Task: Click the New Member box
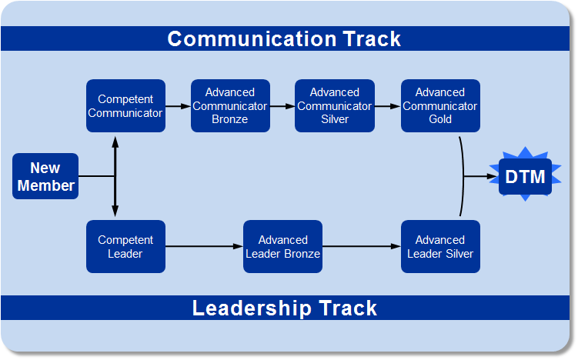pos(45,176)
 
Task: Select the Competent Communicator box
pos(125,105)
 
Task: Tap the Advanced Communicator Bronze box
pos(230,105)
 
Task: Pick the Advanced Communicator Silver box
pos(335,105)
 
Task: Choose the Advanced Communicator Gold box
pos(440,105)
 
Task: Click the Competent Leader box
pos(125,246)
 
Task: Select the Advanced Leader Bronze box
pos(282,246)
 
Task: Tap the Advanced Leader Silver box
pos(440,246)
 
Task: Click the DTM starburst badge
pos(526,176)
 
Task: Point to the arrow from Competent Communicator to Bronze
pos(178,106)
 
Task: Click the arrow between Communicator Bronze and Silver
pos(282,106)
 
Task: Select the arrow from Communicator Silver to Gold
pos(388,106)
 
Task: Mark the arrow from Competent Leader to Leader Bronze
pos(204,246)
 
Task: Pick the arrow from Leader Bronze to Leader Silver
pos(362,246)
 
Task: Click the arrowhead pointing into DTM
pos(493,176)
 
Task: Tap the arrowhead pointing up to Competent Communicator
pos(115,142)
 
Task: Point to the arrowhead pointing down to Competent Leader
pos(115,211)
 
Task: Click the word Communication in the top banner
pos(252,38)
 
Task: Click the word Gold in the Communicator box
pos(440,119)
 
